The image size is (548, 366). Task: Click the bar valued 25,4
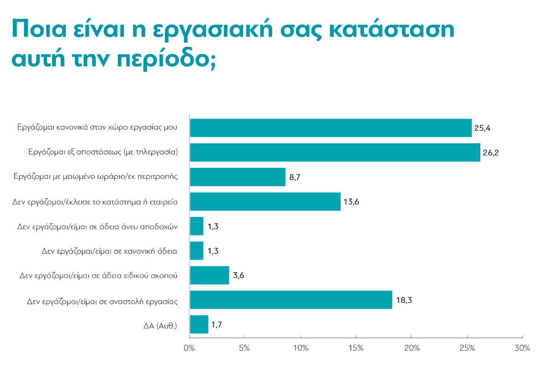331,128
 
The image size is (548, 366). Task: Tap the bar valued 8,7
237,177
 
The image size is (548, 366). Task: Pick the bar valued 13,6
265,201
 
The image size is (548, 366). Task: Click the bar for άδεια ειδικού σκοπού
209,275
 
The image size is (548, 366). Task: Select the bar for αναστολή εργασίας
291,300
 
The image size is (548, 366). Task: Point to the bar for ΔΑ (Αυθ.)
199,324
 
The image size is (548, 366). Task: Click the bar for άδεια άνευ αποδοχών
196,226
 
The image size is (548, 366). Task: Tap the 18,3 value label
403,300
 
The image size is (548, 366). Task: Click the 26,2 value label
491,153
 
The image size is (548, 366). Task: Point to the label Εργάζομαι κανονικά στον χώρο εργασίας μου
96,128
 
